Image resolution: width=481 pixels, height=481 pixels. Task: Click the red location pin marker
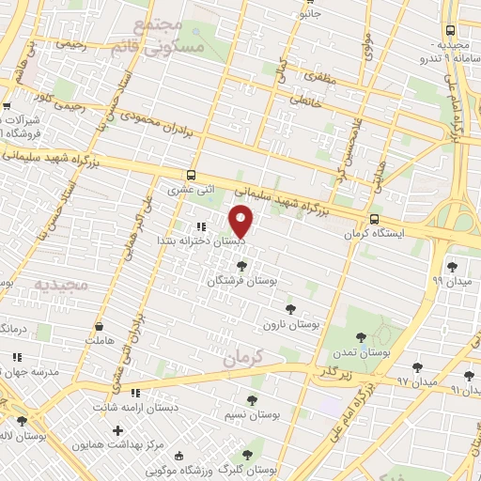coord(241,221)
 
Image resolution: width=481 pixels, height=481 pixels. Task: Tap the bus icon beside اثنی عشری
coord(192,176)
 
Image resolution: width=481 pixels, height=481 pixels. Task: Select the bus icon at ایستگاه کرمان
coord(375,220)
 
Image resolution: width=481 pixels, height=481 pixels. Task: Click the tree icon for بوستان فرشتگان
coord(241,267)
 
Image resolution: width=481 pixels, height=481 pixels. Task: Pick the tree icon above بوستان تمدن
coord(361,337)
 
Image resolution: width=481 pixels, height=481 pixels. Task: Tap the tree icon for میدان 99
coord(452,267)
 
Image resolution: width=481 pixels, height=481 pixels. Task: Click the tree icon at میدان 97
coord(417,367)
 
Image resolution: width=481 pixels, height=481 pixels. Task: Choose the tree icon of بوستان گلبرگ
coord(247,455)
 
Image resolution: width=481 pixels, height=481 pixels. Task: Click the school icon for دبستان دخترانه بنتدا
coord(200,226)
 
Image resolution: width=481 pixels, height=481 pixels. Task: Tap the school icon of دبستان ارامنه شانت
coord(135,394)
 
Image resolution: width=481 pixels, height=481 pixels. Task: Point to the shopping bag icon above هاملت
coord(99,328)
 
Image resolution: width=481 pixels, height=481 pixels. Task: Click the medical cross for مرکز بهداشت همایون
coord(117,431)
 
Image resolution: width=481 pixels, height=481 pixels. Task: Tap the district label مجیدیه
coord(60,282)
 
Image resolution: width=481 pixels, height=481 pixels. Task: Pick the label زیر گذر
coord(332,373)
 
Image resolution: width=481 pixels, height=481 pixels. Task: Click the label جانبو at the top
coord(309,13)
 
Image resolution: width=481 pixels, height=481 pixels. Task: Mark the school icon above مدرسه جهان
coord(16,357)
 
